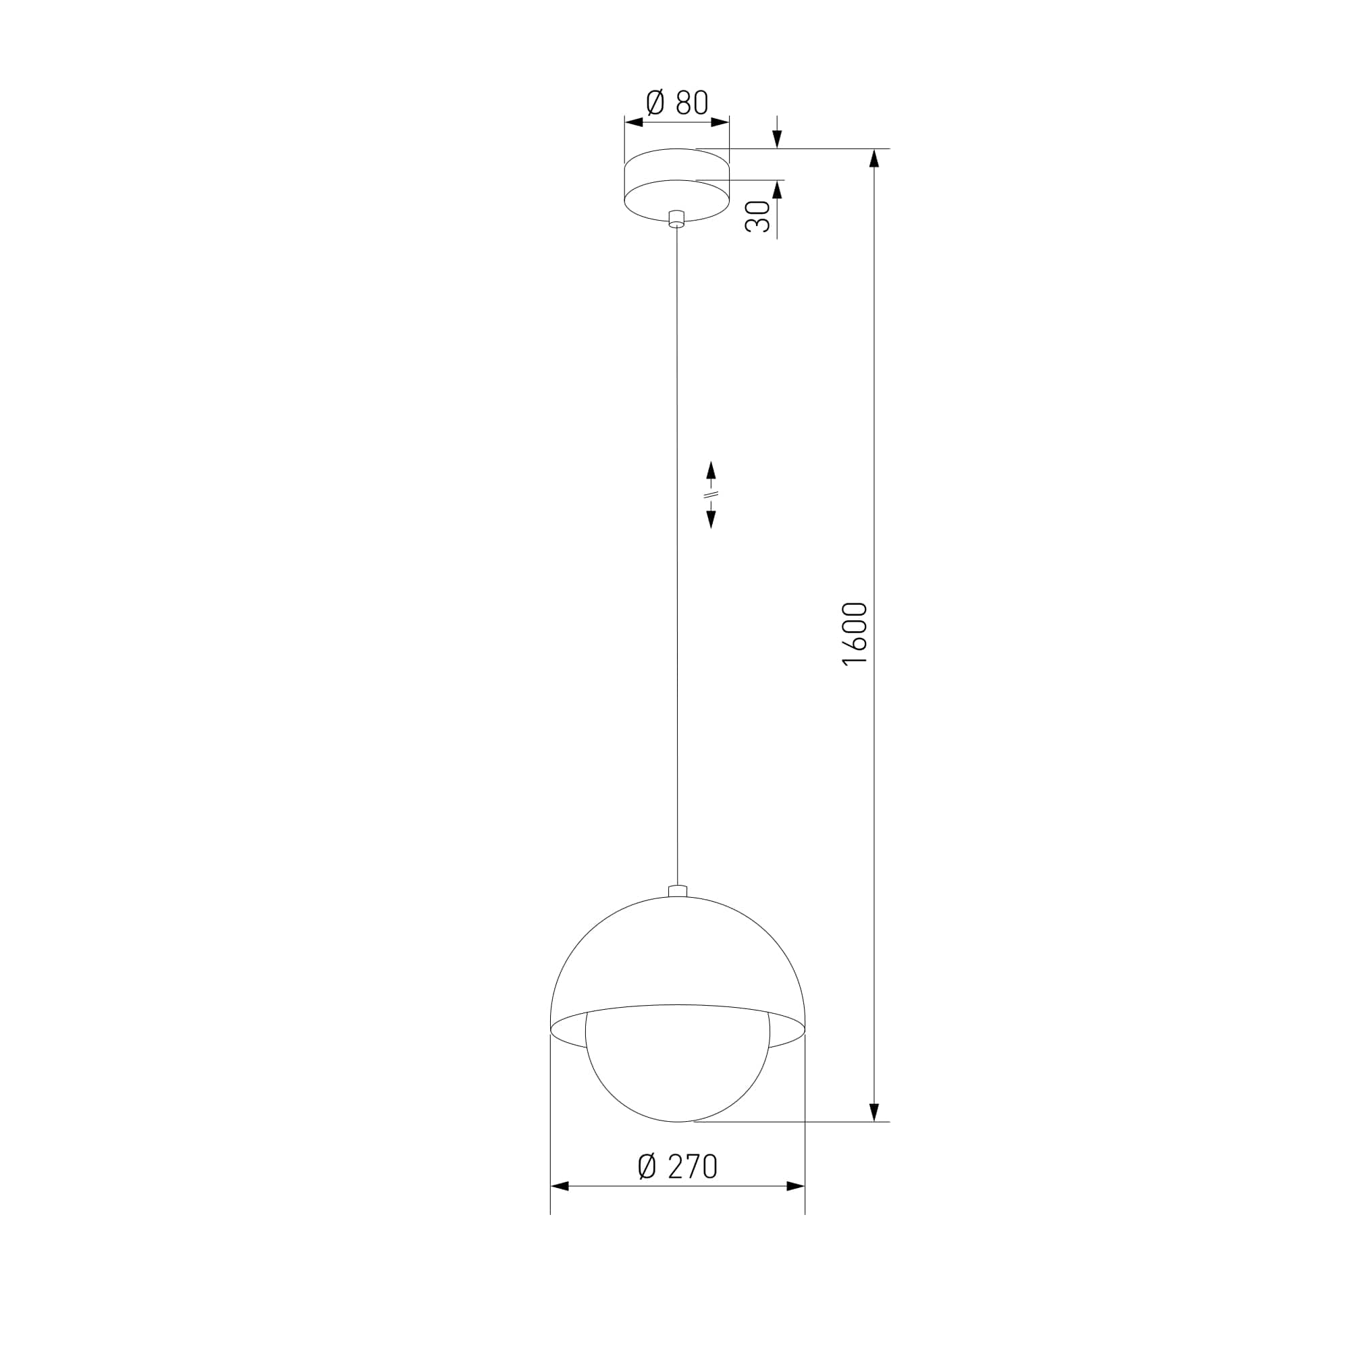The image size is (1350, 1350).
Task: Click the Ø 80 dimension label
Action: (676, 103)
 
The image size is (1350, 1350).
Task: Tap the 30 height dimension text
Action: (757, 216)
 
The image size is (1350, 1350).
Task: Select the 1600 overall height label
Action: (855, 634)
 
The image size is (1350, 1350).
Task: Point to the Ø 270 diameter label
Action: (678, 1166)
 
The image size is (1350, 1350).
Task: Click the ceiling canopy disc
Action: (676, 184)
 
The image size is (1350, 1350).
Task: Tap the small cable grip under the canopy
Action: (676, 219)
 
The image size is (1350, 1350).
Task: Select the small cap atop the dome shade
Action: (677, 891)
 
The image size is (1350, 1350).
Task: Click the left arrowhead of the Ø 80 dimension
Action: (634, 122)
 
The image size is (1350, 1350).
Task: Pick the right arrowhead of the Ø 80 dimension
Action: (720, 122)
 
